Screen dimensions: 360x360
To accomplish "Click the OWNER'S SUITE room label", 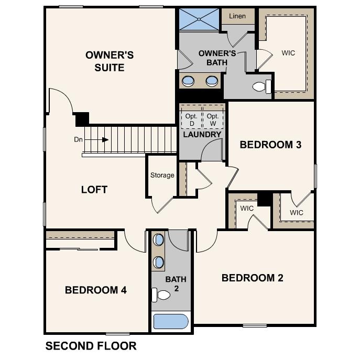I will [110, 61].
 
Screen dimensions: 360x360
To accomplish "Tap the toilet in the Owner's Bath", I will [261, 86].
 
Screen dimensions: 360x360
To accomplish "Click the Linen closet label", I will [237, 16].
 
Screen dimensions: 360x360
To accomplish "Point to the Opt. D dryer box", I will [191, 119].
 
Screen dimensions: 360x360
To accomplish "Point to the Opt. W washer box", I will [213, 119].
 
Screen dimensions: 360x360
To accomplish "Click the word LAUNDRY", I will [202, 135].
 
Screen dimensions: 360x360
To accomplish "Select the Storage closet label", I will [162, 175].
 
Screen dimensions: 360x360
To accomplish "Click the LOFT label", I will [94, 190].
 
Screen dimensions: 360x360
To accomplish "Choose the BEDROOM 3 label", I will [270, 145].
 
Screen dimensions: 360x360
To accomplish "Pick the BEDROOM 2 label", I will [252, 278].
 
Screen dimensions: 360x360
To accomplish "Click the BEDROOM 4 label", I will [95, 290].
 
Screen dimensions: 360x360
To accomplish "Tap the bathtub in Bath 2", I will [170, 321].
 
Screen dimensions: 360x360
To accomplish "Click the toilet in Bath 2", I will [161, 296].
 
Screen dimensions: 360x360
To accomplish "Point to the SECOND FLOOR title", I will [91, 346].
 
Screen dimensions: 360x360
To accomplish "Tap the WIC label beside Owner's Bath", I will [288, 53].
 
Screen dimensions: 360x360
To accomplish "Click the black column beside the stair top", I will [82, 119].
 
